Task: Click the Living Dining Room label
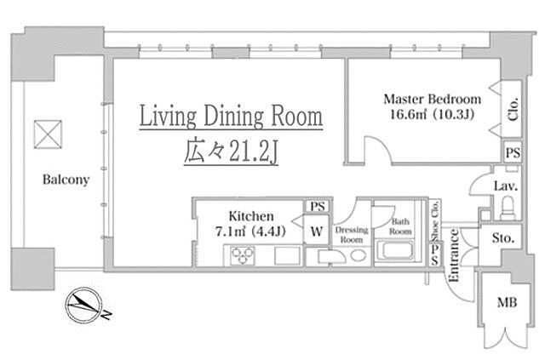tap(231, 117)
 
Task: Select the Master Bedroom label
tap(433, 100)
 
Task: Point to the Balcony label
tap(66, 180)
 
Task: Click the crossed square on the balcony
tap(48, 134)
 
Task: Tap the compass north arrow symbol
tap(84, 306)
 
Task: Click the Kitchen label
tap(251, 216)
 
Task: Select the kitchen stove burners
tap(243, 255)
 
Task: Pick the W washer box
tap(317, 230)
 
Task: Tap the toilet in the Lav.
tap(508, 208)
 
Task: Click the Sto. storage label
tap(502, 238)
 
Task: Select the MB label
tap(507, 302)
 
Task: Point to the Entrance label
tap(454, 255)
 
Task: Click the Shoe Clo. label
tap(434, 220)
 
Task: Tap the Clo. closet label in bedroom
tap(513, 109)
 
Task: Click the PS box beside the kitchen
tap(318, 207)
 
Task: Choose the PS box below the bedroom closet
tap(513, 152)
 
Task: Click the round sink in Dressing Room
tap(358, 256)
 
